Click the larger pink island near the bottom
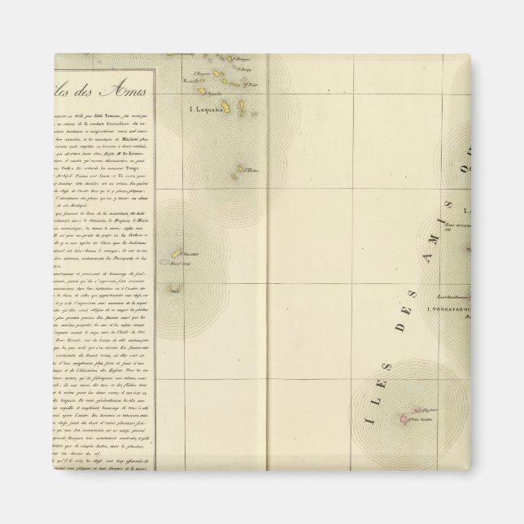401,419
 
